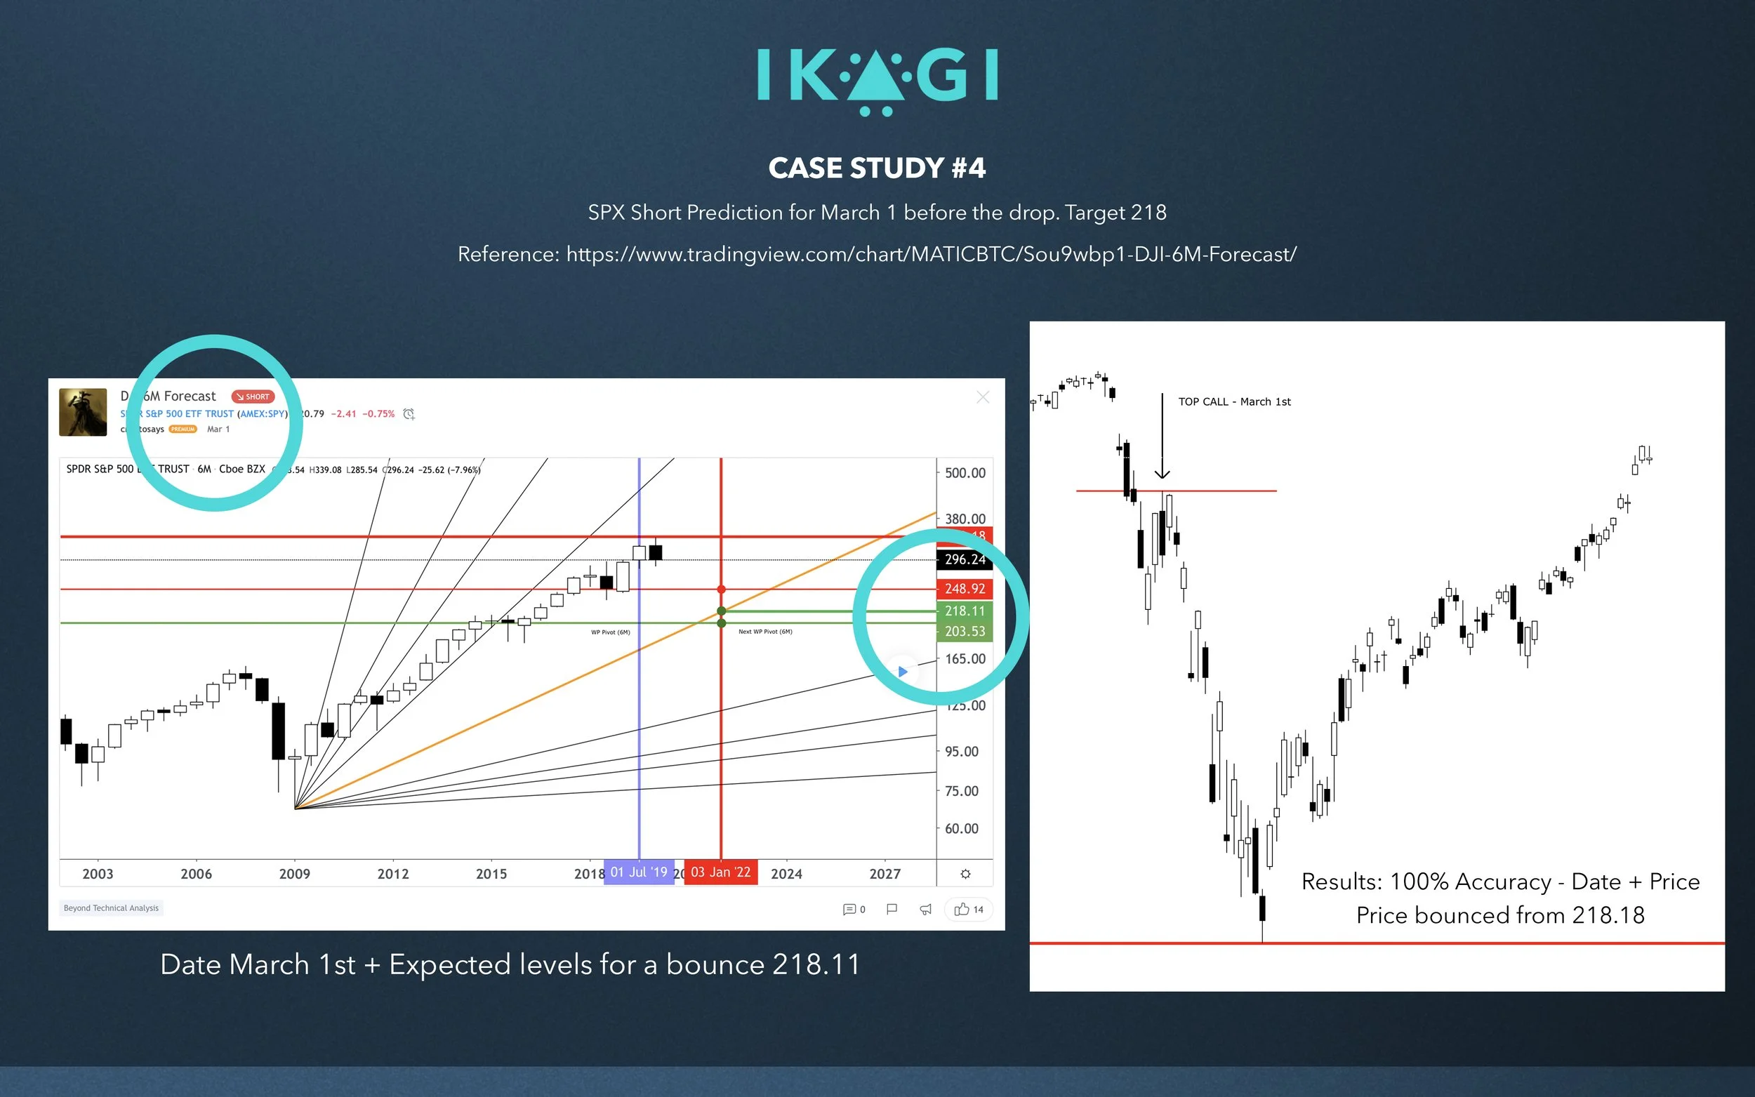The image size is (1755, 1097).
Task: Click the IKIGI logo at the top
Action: [877, 81]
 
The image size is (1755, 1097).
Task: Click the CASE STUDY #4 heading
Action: [876, 168]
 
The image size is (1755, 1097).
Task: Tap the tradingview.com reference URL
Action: [930, 255]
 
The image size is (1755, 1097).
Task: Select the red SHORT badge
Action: [253, 397]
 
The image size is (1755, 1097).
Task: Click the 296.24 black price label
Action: [965, 559]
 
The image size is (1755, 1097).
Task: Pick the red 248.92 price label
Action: [965, 589]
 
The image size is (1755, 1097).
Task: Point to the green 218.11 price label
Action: [965, 611]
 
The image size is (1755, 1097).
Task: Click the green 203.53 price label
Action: [965, 631]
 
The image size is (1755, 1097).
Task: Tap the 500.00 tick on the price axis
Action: [965, 473]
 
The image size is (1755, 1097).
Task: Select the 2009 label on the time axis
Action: [295, 875]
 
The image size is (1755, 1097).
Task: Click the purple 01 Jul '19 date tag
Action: [638, 872]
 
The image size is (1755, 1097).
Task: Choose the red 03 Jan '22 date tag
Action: [720, 872]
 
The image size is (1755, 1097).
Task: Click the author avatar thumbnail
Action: [83, 412]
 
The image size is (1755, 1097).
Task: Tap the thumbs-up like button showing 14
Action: [969, 910]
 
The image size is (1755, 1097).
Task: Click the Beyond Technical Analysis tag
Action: [111, 908]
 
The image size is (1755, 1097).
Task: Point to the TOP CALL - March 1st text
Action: [1234, 402]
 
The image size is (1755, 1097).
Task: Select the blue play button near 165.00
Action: [903, 672]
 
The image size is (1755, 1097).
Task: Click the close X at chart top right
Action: [982, 397]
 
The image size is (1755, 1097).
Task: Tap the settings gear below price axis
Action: [965, 875]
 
